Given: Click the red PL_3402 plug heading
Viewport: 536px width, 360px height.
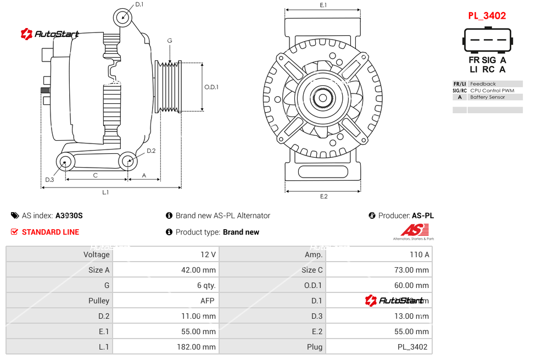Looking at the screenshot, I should [x=487, y=16].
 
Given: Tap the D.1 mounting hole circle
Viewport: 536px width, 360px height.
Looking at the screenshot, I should [x=123, y=18].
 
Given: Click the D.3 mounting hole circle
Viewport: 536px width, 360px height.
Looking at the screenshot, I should [x=66, y=162].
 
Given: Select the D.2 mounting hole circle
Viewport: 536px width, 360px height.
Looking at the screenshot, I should [x=128, y=162].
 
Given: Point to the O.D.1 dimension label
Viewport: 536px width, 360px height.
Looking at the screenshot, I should [x=211, y=87].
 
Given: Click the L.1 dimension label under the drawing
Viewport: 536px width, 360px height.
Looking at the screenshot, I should [x=105, y=192].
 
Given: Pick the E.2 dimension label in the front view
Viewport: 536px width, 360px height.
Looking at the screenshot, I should [x=323, y=196].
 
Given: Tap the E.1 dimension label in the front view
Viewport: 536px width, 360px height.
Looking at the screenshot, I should [x=323, y=5].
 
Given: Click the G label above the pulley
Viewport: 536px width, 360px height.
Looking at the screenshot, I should [x=170, y=41].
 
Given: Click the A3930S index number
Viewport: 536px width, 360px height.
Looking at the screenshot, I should [x=69, y=215].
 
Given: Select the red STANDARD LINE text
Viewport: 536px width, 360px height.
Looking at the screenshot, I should [x=51, y=232].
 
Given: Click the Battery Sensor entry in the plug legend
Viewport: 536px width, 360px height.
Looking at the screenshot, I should [x=487, y=97].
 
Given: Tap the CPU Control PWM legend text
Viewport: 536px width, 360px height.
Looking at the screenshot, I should [x=492, y=91].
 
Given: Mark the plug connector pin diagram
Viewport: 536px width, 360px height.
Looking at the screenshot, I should [x=487, y=40].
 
